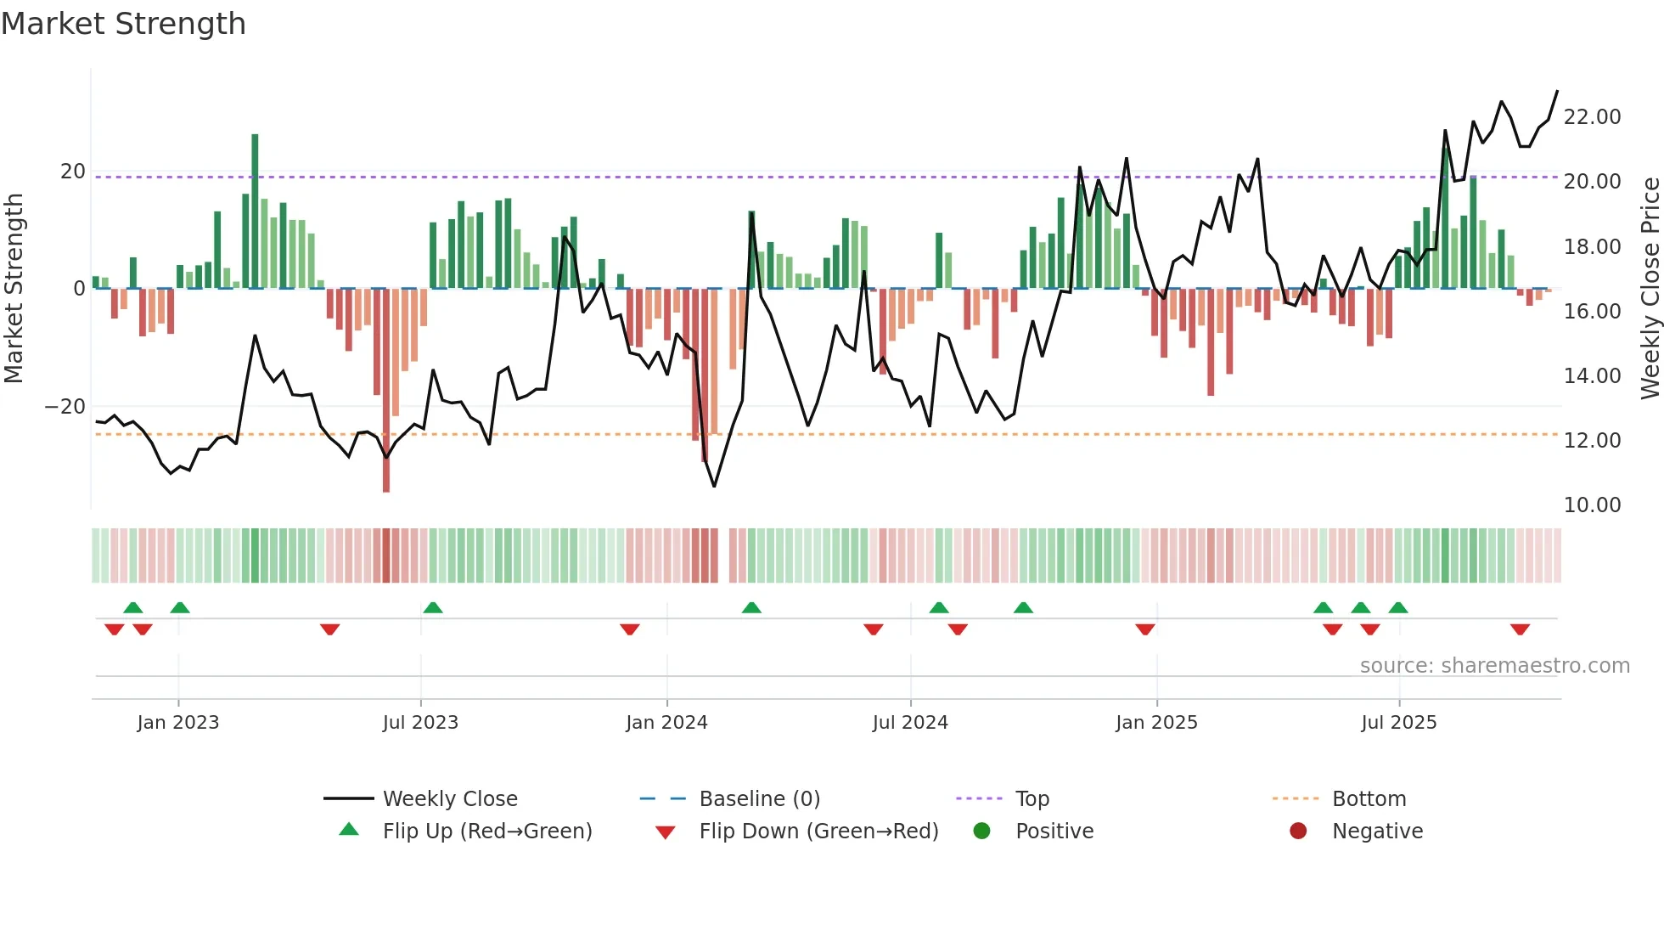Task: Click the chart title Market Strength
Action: [x=123, y=24]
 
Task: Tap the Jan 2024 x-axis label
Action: [x=666, y=722]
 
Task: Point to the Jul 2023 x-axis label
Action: [x=420, y=722]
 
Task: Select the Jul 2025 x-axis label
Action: [x=1398, y=722]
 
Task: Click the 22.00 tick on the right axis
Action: [x=1592, y=116]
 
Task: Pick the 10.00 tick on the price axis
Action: [x=1592, y=505]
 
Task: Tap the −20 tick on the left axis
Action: [x=65, y=406]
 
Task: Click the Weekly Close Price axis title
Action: [x=1650, y=288]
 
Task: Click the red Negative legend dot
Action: [x=1298, y=831]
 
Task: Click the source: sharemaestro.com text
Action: [x=1494, y=665]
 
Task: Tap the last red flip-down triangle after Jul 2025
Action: [x=1520, y=629]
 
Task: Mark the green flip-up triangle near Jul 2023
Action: [x=433, y=607]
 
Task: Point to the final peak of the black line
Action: [x=1557, y=91]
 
